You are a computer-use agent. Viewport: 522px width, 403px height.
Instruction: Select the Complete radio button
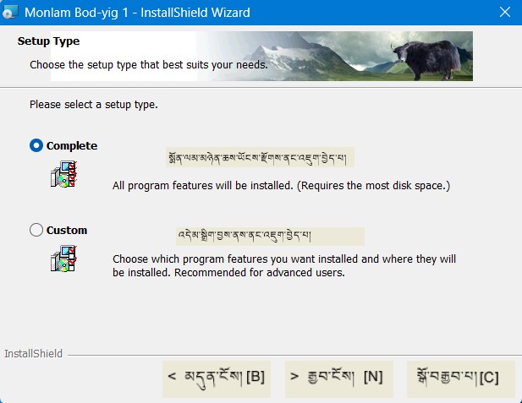(36, 145)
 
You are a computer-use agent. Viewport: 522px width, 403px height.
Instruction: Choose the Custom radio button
(36, 230)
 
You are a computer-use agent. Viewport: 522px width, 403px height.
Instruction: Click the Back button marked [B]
(217, 377)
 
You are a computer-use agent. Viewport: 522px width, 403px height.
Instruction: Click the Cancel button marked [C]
(460, 377)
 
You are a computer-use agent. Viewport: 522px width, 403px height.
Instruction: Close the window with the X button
(504, 13)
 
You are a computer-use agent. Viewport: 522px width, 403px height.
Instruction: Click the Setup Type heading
(48, 41)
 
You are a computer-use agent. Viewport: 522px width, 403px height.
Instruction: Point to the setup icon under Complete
(63, 176)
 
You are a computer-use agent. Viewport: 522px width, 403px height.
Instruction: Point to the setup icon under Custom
(63, 258)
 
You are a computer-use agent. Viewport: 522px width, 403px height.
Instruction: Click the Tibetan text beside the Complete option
(259, 158)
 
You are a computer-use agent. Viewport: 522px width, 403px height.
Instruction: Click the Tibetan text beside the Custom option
(269, 236)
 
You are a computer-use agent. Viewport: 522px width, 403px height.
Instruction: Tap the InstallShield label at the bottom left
(34, 353)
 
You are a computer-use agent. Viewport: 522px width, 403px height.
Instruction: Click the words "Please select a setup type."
(94, 105)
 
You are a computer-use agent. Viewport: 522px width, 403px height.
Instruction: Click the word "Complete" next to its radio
(72, 145)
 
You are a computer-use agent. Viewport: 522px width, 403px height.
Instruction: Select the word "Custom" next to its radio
(67, 230)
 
